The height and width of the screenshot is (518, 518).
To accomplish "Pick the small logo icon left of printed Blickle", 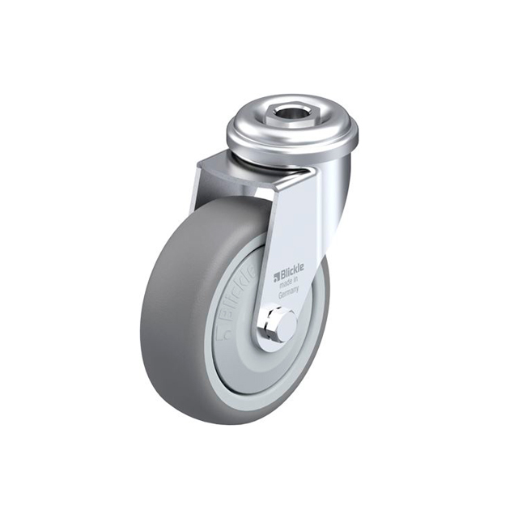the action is tap(276, 275).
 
